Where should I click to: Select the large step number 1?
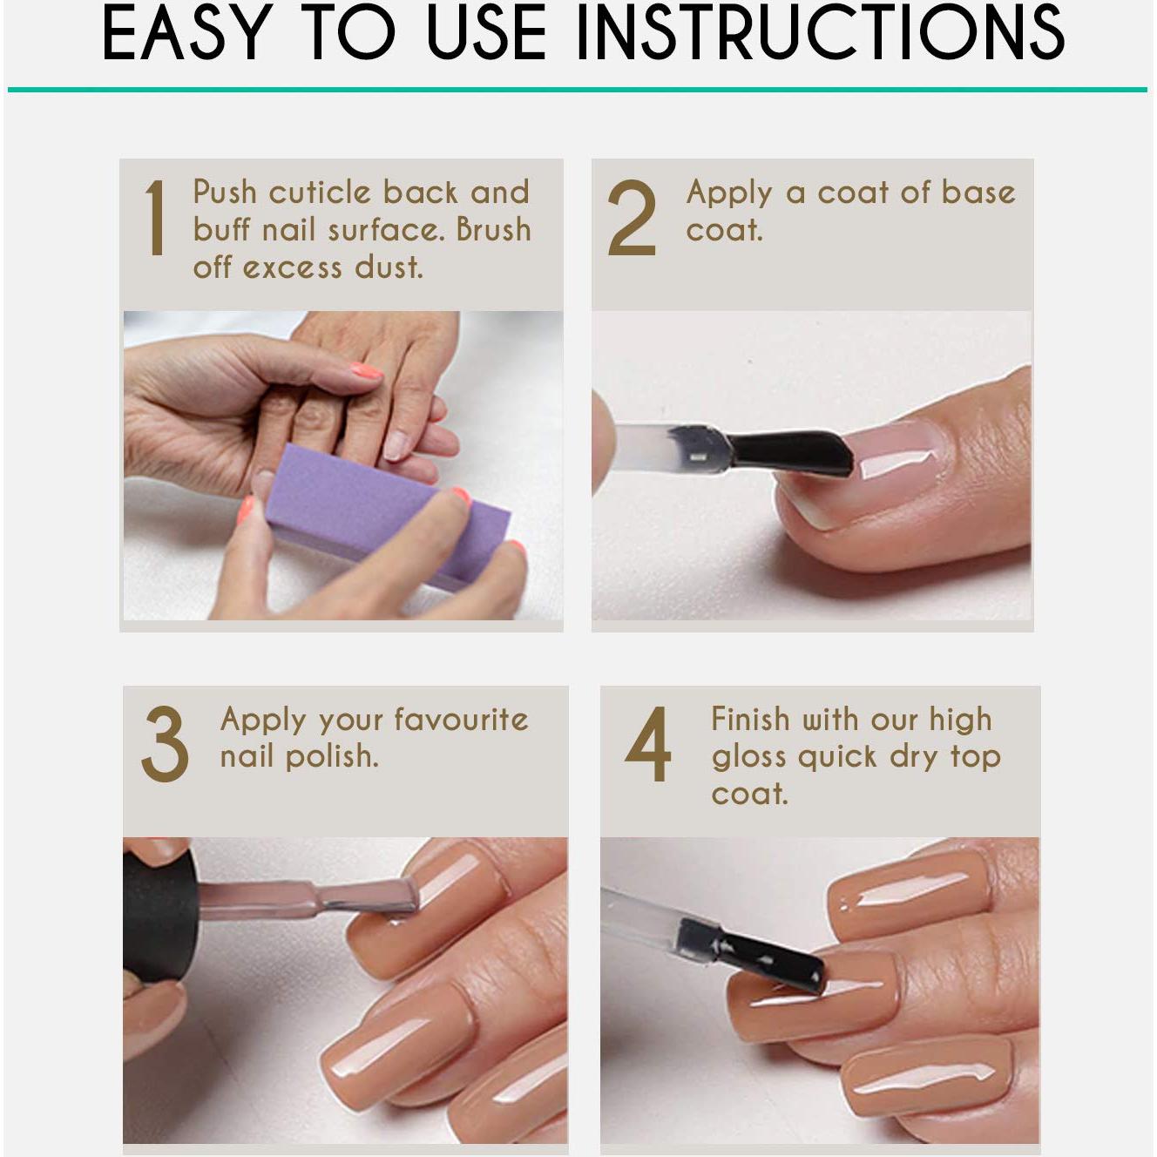155,218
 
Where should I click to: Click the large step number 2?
632,218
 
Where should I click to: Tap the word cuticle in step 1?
320,192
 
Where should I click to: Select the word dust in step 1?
389,267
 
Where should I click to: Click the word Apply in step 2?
729,193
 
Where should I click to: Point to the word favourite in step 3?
461,720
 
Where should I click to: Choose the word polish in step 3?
332,756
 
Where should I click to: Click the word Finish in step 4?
750,720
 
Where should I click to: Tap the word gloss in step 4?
749,757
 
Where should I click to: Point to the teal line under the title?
578,89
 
